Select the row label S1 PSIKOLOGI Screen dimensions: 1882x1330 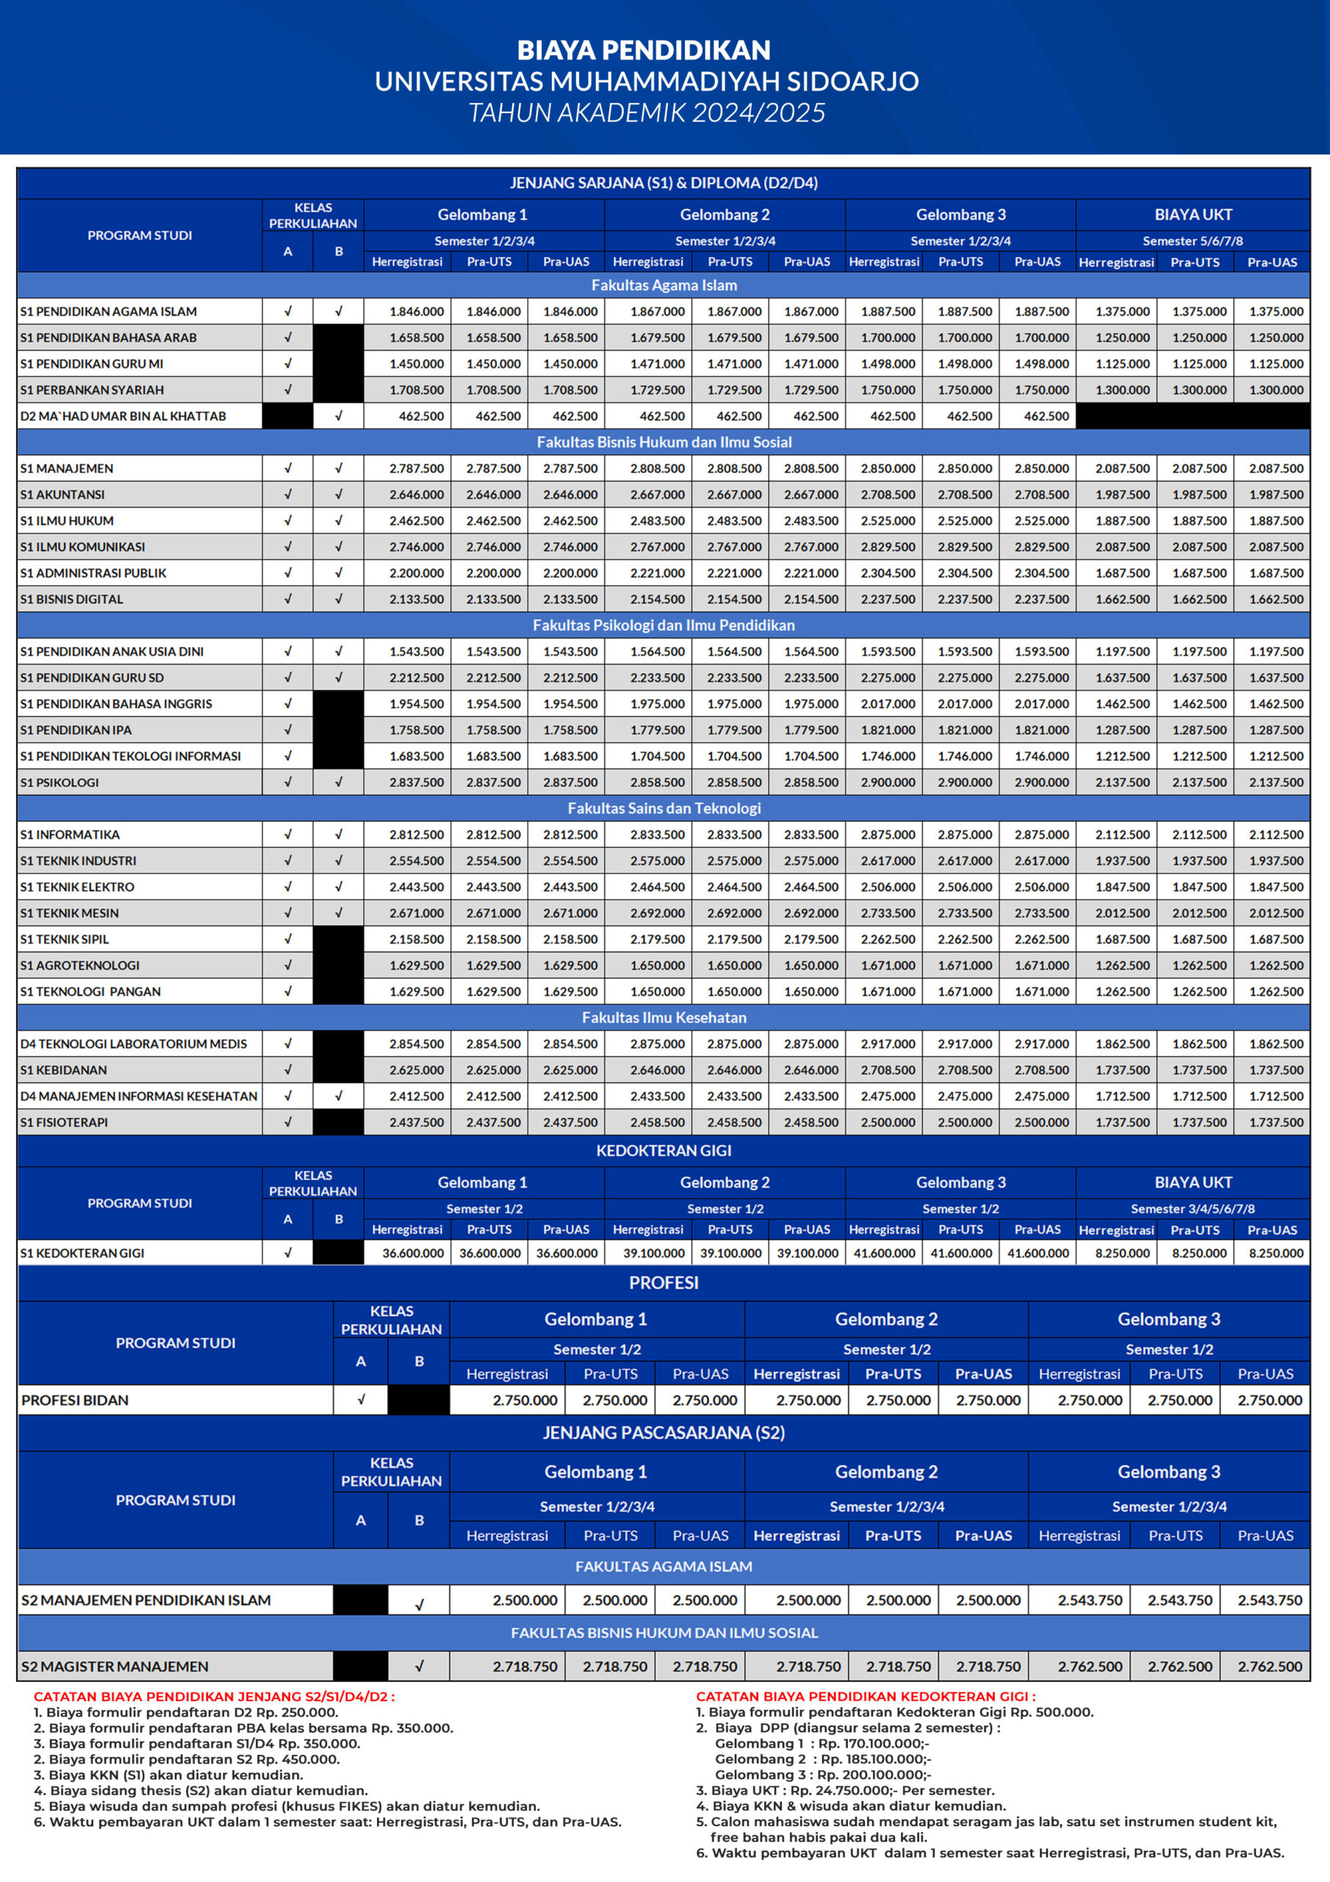pos(60,782)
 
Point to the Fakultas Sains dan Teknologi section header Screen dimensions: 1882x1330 pos(664,808)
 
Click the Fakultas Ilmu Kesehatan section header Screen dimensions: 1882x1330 pos(664,1017)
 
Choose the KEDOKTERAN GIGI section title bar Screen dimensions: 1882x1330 pos(664,1150)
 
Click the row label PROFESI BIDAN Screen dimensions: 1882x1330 pos(76,1400)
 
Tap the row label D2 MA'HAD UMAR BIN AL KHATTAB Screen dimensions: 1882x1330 pos(123,416)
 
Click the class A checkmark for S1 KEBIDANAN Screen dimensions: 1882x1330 pos(287,1070)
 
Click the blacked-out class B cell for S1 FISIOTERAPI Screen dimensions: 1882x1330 pos(339,1122)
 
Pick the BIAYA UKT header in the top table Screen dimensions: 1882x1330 pos(1193,215)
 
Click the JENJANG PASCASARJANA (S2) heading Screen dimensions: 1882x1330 pos(664,1433)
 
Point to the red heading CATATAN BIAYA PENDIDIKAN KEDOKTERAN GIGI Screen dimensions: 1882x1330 pos(866,1697)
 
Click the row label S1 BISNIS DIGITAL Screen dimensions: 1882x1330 pos(72,599)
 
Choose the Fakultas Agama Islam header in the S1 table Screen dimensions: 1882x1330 pos(664,285)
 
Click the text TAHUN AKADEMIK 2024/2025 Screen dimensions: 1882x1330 pos(647,112)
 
